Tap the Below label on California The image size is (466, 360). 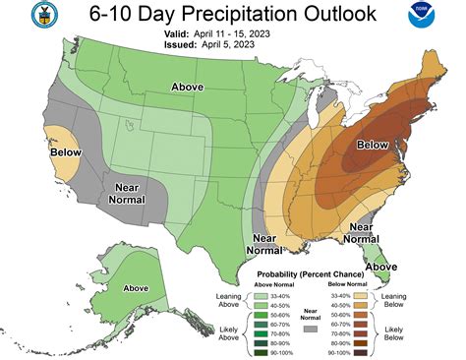pyautogui.click(x=65, y=152)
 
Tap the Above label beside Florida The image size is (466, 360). pyautogui.click(x=381, y=266)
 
